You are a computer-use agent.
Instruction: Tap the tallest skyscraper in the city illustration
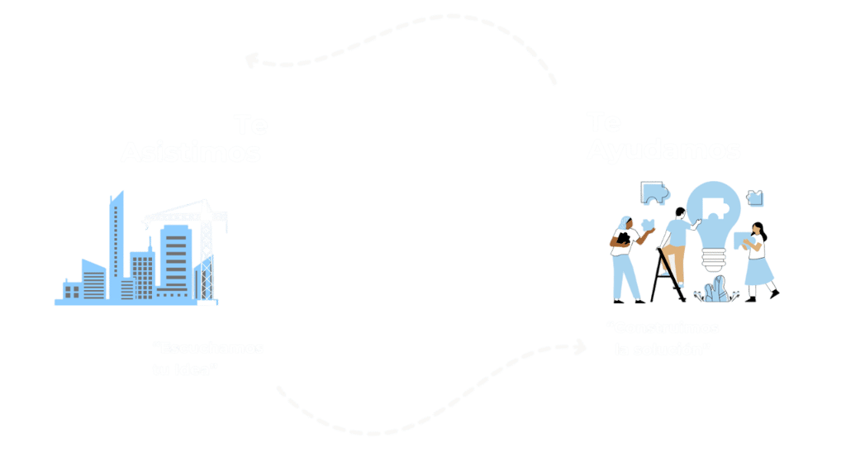(x=116, y=240)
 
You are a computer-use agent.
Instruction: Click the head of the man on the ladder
(x=678, y=213)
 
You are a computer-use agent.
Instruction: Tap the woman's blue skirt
(x=758, y=269)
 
